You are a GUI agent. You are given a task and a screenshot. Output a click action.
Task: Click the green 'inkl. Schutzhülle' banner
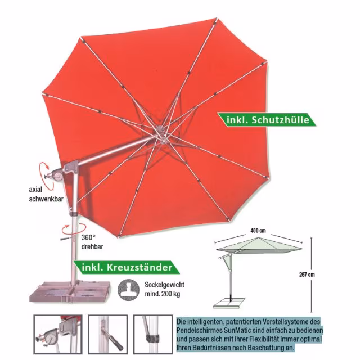[267, 120]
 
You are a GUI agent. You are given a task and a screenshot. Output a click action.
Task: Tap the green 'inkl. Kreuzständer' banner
[127, 268]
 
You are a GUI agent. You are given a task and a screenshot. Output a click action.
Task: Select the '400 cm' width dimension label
[258, 230]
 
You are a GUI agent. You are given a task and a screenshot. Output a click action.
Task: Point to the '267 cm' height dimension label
[307, 274]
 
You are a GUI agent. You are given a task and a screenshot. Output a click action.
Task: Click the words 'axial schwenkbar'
[46, 194]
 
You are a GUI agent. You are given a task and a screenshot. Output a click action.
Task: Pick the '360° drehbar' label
[92, 242]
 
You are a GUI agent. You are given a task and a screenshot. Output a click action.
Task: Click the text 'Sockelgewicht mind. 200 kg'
[164, 289]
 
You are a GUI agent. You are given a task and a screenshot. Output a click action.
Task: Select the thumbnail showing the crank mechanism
[58, 334]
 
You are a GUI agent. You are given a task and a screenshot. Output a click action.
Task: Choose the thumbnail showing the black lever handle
[108, 334]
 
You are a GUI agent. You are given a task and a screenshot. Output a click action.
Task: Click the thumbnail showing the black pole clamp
[153, 334]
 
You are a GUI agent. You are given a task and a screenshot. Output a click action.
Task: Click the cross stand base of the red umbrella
[70, 291]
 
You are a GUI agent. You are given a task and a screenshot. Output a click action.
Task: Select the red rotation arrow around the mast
[74, 229]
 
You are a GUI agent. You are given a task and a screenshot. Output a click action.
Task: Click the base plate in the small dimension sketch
[229, 303]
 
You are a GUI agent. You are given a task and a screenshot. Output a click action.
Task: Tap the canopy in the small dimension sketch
[259, 246]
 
